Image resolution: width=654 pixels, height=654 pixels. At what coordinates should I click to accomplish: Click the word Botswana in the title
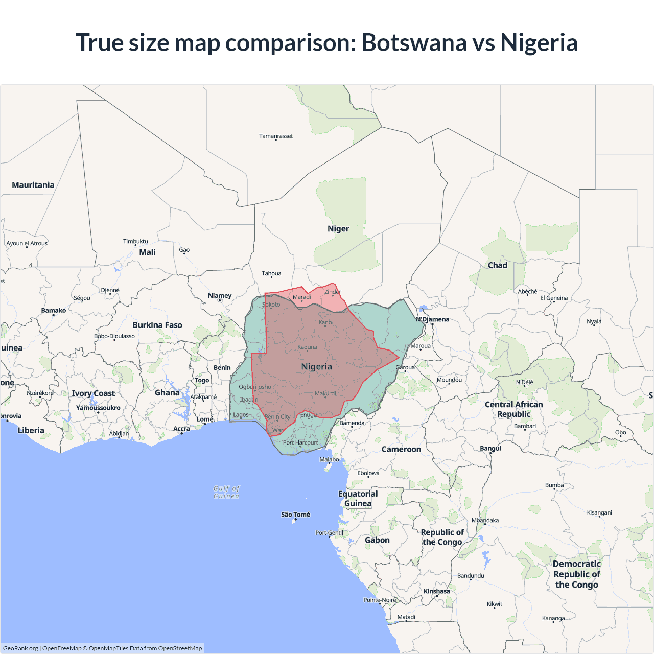pyautogui.click(x=414, y=42)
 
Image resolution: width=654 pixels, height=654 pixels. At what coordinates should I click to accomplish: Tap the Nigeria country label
pyautogui.click(x=316, y=366)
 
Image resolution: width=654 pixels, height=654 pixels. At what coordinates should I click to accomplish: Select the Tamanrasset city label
pyautogui.click(x=276, y=136)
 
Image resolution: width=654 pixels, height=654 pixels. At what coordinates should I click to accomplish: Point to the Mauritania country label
pyautogui.click(x=33, y=185)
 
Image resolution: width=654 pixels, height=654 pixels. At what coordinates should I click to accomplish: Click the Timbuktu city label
pyautogui.click(x=135, y=241)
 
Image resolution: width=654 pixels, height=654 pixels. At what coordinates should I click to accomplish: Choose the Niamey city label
pyautogui.click(x=220, y=296)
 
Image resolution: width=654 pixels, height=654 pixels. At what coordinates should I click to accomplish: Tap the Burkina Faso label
pyautogui.click(x=157, y=325)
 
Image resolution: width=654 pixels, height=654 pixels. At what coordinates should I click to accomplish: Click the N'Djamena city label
pyautogui.click(x=433, y=319)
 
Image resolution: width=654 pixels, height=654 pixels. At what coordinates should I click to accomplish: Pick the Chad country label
pyautogui.click(x=497, y=265)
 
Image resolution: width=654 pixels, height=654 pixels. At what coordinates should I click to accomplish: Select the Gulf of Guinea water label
pyautogui.click(x=226, y=492)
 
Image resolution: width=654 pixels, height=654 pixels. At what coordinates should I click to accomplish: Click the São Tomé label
pyautogui.click(x=295, y=515)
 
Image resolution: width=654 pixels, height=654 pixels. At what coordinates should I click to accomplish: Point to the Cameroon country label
pyautogui.click(x=401, y=449)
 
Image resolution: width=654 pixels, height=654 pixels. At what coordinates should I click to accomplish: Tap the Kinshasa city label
pyautogui.click(x=437, y=591)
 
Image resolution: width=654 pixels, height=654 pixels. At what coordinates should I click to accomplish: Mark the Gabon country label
pyautogui.click(x=377, y=540)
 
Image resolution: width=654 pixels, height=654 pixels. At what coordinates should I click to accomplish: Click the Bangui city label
pyautogui.click(x=491, y=448)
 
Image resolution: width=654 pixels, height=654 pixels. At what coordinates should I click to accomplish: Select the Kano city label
pyautogui.click(x=325, y=322)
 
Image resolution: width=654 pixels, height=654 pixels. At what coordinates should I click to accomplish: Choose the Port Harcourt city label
pyautogui.click(x=300, y=442)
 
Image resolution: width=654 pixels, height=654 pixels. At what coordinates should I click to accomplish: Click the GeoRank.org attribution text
pyautogui.click(x=20, y=648)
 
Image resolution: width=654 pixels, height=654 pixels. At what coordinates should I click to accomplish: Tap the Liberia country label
pyautogui.click(x=31, y=430)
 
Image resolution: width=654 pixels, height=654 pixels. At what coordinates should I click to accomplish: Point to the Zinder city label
pyautogui.click(x=333, y=292)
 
